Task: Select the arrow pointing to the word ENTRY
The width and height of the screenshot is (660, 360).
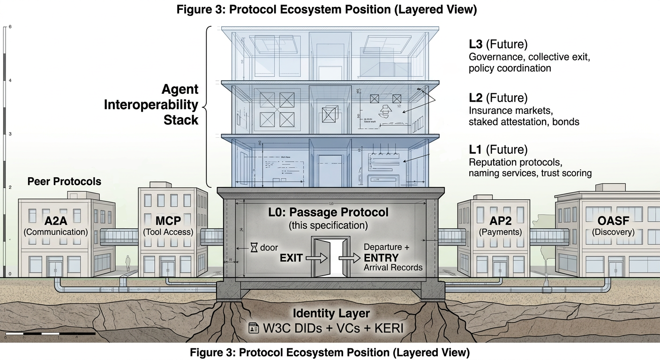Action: click(x=349, y=257)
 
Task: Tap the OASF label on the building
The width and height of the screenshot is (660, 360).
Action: click(x=613, y=221)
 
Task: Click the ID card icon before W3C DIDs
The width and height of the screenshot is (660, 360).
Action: click(x=253, y=328)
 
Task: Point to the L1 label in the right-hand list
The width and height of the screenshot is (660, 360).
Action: click(x=476, y=150)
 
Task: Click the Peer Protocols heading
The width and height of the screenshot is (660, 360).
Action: click(x=64, y=181)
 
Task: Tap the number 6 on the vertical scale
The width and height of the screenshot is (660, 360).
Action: click(x=10, y=27)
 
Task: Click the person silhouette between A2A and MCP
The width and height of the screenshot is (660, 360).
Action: click(x=127, y=262)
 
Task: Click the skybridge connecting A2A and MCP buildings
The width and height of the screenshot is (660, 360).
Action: click(x=119, y=237)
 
